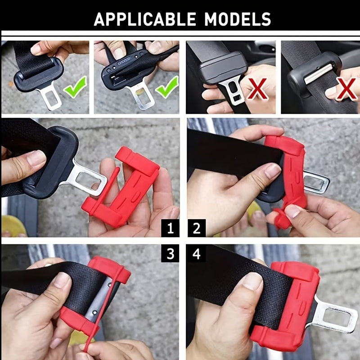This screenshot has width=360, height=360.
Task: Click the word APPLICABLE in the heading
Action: (x=145, y=19)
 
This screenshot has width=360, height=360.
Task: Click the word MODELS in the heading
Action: (x=238, y=19)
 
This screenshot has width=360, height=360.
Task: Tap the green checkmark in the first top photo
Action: (x=75, y=87)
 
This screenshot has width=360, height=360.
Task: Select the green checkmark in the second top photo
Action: (x=167, y=87)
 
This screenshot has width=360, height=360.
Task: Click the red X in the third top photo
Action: (x=257, y=88)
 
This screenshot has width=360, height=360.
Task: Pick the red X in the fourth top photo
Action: (x=346, y=89)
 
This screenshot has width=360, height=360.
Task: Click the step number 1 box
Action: (x=170, y=228)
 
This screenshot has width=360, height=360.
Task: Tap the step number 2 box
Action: (x=197, y=228)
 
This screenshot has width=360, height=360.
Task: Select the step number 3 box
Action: (x=170, y=253)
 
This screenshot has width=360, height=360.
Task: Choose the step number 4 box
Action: (x=197, y=253)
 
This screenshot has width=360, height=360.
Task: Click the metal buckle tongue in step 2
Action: (x=316, y=183)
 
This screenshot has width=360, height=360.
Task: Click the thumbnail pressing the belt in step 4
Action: (x=252, y=281)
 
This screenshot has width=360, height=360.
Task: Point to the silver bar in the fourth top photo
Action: (x=319, y=74)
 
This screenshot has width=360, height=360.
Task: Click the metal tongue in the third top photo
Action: (x=232, y=90)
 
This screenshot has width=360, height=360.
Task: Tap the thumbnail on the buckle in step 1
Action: (x=36, y=158)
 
